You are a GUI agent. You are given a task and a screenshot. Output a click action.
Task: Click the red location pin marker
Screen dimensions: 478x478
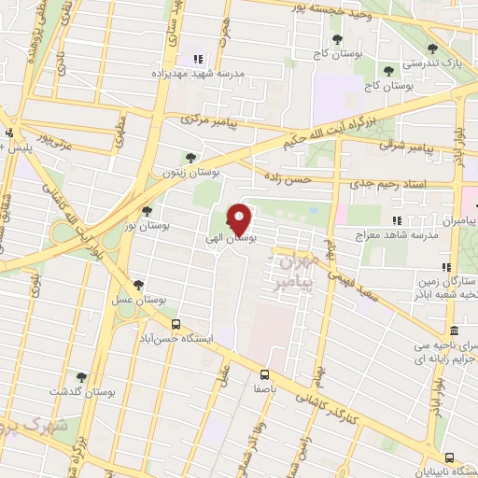tap(240, 220)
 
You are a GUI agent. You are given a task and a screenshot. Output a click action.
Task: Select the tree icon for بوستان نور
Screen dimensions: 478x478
tap(147, 211)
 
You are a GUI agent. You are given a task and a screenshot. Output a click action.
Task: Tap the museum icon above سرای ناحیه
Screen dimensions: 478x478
tap(454, 332)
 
